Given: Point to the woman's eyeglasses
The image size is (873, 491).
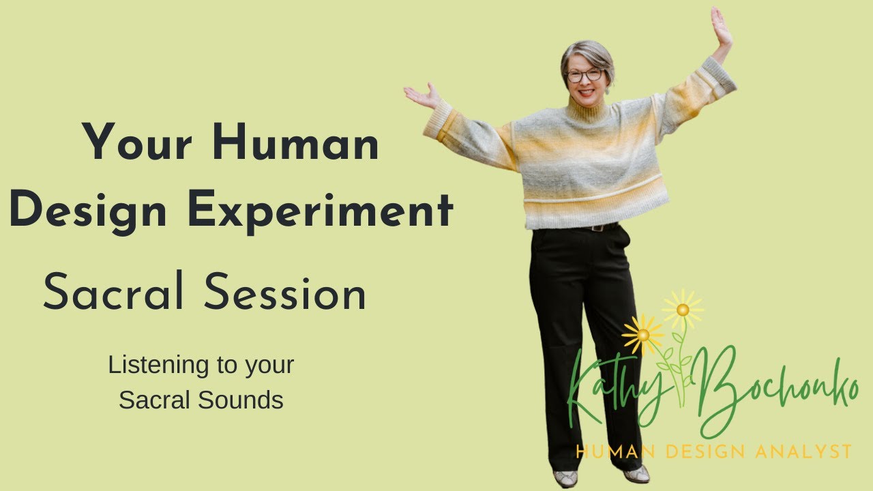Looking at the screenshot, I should click(585, 75).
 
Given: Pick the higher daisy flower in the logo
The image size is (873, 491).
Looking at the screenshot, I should click(683, 309).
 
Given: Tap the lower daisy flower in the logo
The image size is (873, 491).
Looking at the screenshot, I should click(642, 334).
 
